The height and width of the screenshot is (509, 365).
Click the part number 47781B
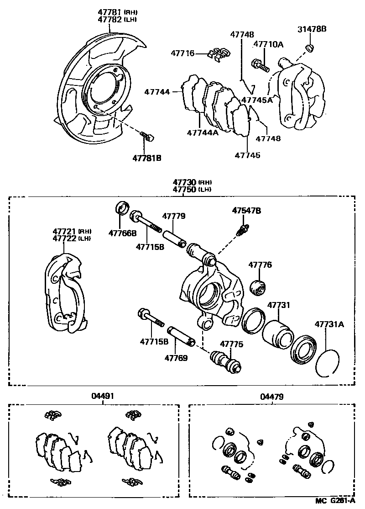click(x=147, y=158)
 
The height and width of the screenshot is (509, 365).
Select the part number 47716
click(x=182, y=53)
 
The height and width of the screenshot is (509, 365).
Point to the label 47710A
click(x=268, y=44)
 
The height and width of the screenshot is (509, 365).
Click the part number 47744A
click(x=202, y=133)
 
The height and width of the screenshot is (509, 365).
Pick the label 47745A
click(x=257, y=100)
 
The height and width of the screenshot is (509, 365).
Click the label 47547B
click(x=246, y=211)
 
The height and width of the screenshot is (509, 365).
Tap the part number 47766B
click(x=122, y=233)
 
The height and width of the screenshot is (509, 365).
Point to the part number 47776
click(x=260, y=265)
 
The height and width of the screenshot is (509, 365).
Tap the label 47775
click(x=232, y=344)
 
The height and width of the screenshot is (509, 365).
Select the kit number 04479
click(x=272, y=397)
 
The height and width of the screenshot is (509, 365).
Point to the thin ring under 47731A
click(x=328, y=364)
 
